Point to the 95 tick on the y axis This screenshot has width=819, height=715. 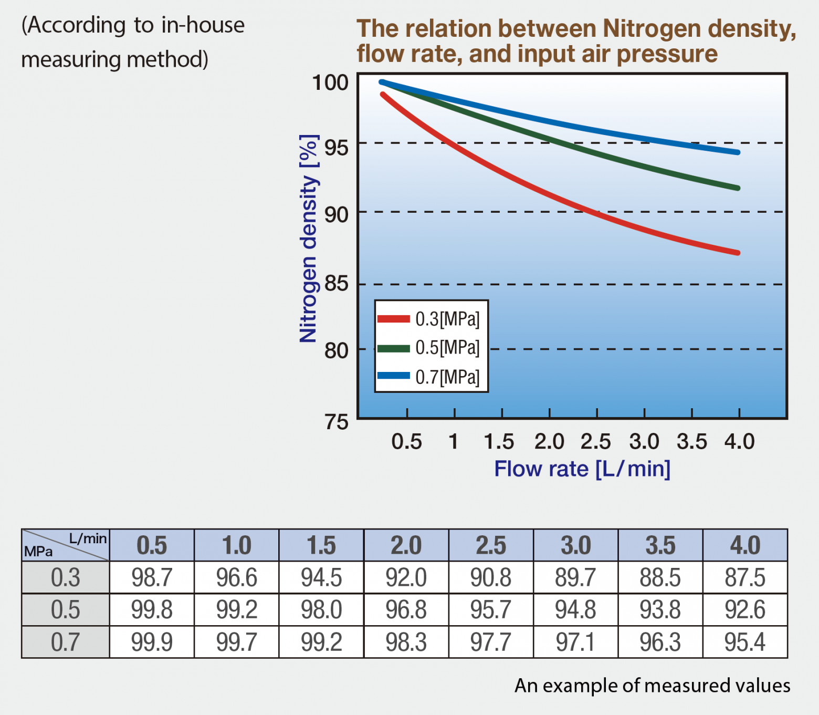336,148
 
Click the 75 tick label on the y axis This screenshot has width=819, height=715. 336,422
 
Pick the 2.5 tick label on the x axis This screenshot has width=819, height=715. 596,442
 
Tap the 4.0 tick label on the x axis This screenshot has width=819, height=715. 739,442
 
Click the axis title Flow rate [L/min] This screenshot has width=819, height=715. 582,469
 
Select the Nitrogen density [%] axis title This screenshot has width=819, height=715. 309,239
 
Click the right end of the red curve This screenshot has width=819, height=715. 738,253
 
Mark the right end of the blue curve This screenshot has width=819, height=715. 738,152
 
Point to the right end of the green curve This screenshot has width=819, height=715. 738,188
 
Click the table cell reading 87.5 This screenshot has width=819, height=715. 744,577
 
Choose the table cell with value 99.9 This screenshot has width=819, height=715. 152,642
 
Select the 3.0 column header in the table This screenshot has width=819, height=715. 575,545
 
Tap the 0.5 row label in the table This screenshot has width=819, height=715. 66,610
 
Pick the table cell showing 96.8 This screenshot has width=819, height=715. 406,610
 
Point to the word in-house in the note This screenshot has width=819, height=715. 203,25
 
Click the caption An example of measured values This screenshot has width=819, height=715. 652,686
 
